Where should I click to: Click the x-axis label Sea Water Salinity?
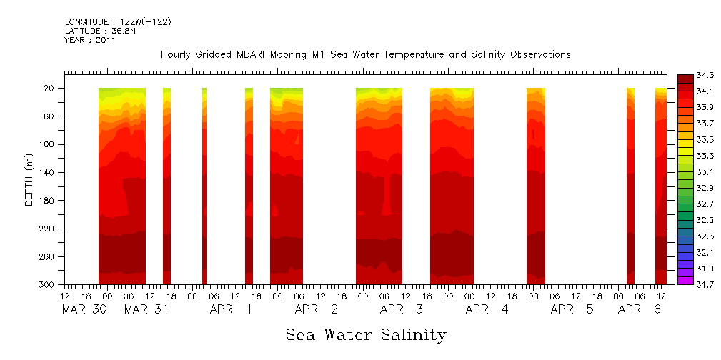[x=366, y=335]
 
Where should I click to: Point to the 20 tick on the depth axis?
[x=50, y=89]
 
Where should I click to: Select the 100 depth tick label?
[x=48, y=144]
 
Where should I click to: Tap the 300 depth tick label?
[x=48, y=285]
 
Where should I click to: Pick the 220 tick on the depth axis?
[x=48, y=229]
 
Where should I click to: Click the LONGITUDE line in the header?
[x=117, y=22]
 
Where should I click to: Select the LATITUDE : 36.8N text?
[x=99, y=31]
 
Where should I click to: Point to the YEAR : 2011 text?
[x=90, y=41]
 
